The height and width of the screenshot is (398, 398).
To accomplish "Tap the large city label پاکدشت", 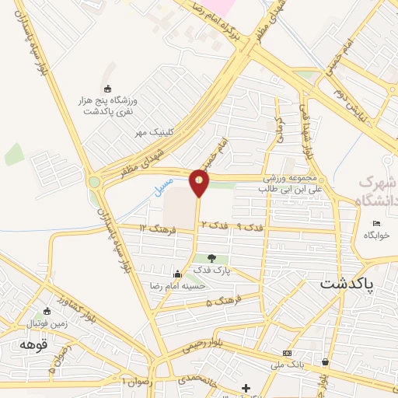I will (347, 284).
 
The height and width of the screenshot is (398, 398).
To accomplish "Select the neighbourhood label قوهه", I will (35, 344).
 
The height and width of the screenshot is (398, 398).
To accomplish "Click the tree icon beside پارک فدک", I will (211, 258).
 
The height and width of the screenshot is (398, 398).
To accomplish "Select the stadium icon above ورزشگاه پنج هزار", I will (107, 89).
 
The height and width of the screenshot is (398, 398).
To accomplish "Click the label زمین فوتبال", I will (48, 322).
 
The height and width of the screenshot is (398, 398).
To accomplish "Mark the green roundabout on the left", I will (95, 183).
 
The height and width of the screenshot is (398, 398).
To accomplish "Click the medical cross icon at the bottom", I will (246, 387).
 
